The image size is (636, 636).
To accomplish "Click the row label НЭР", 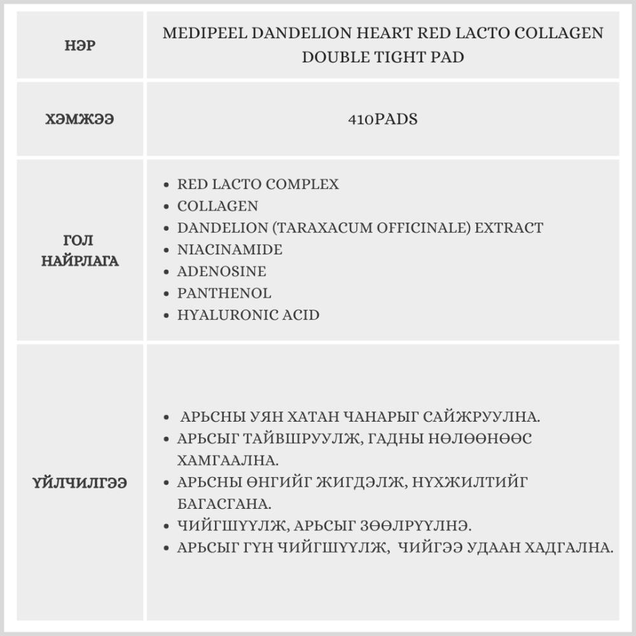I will (x=80, y=46).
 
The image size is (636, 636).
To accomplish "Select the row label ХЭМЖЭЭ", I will (x=80, y=120).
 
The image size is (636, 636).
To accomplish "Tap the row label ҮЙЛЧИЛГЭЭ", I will (x=80, y=483).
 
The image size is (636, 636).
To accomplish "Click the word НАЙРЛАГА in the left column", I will (x=80, y=261).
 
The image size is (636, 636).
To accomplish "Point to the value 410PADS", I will (x=383, y=120).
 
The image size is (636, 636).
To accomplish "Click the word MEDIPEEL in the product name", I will (x=204, y=34).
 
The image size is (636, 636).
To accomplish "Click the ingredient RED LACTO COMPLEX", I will (x=258, y=184).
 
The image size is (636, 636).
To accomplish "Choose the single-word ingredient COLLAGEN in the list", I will (x=218, y=206).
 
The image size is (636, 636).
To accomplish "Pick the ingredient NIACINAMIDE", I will (x=230, y=249).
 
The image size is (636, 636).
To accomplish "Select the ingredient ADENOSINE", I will (x=222, y=272).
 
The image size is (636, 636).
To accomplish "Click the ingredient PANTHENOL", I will (x=225, y=293).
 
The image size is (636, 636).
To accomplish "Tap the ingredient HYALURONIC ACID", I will (x=249, y=315).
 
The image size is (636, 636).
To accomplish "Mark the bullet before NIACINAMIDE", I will (x=167, y=250).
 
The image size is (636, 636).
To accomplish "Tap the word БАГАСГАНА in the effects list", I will (x=225, y=504).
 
